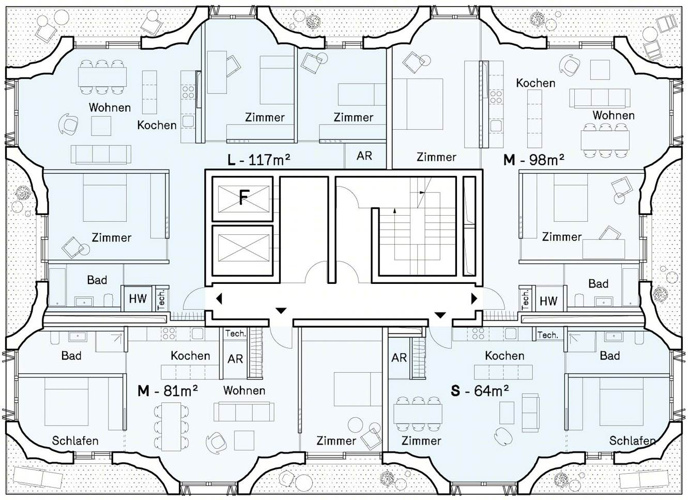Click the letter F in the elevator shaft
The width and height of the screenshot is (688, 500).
pyautogui.click(x=243, y=198)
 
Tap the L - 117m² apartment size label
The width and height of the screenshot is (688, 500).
pyautogui.click(x=258, y=160)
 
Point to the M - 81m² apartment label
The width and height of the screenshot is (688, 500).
pyautogui.click(x=167, y=391)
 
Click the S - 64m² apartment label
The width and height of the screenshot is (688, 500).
pyautogui.click(x=480, y=390)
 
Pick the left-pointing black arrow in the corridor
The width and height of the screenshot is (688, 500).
pyautogui.click(x=219, y=298)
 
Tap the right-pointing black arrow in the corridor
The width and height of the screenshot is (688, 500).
pyautogui.click(x=474, y=298)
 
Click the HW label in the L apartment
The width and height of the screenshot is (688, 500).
pyautogui.click(x=137, y=299)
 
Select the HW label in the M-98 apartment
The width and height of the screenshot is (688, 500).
pyautogui.click(x=548, y=301)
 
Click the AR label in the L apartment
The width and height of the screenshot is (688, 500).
pyautogui.click(x=364, y=156)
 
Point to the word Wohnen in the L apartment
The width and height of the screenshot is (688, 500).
pyautogui.click(x=110, y=108)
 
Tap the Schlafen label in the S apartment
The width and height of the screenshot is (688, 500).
pyautogui.click(x=632, y=441)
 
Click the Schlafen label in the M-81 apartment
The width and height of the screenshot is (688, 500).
pyautogui.click(x=75, y=441)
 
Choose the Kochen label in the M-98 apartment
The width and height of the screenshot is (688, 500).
pyautogui.click(x=536, y=83)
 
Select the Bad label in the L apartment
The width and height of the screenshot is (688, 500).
pyautogui.click(x=97, y=280)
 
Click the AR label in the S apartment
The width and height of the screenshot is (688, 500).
pyautogui.click(x=399, y=357)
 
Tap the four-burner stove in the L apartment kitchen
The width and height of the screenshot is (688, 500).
pyautogui.click(x=188, y=92)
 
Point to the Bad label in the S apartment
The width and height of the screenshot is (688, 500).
pyautogui.click(x=610, y=356)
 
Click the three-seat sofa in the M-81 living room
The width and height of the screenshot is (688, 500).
pyautogui.click(x=244, y=412)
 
